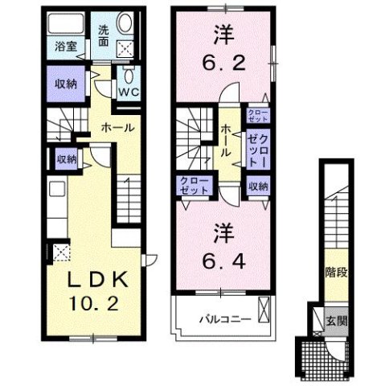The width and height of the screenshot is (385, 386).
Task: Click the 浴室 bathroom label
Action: (x=65, y=46)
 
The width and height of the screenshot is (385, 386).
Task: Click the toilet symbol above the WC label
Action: (x=129, y=76)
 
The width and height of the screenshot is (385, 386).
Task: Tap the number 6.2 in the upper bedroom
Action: (x=223, y=60)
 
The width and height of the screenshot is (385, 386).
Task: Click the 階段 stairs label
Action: (x=336, y=272)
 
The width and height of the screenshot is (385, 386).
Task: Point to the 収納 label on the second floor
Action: (x=257, y=186)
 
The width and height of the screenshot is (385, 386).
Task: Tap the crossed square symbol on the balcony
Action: (x=266, y=309)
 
